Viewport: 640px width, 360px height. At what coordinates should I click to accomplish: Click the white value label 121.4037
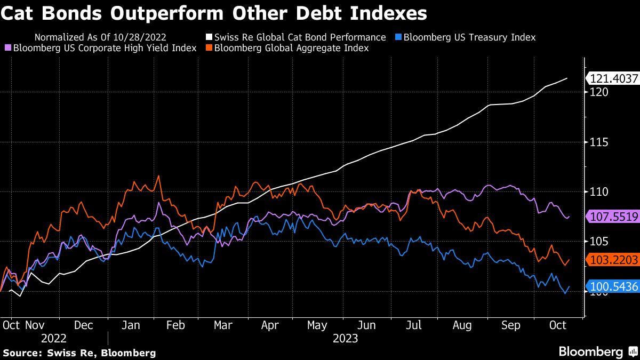click(x=613, y=79)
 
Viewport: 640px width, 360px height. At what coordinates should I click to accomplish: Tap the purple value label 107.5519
click(x=613, y=217)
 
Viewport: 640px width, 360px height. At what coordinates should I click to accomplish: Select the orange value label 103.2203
click(x=613, y=260)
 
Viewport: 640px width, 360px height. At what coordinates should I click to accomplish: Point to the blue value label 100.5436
click(x=613, y=287)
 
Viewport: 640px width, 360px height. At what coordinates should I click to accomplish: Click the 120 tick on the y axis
click(x=596, y=92)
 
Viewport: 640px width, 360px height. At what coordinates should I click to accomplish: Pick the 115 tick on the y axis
click(x=596, y=142)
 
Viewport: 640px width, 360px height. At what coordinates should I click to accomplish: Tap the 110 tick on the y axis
click(x=596, y=191)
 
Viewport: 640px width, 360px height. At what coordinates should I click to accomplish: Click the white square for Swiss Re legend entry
click(x=210, y=37)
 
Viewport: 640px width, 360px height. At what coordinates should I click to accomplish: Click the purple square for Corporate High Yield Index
click(x=8, y=48)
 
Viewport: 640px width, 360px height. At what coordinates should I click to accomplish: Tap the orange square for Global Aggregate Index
click(x=210, y=48)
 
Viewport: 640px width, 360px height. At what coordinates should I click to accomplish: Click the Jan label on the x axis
click(x=131, y=325)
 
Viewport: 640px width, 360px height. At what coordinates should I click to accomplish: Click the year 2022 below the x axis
click(x=53, y=338)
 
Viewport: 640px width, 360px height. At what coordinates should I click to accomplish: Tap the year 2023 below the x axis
click(x=345, y=338)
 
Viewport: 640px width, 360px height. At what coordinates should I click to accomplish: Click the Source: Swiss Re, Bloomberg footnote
click(x=79, y=353)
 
